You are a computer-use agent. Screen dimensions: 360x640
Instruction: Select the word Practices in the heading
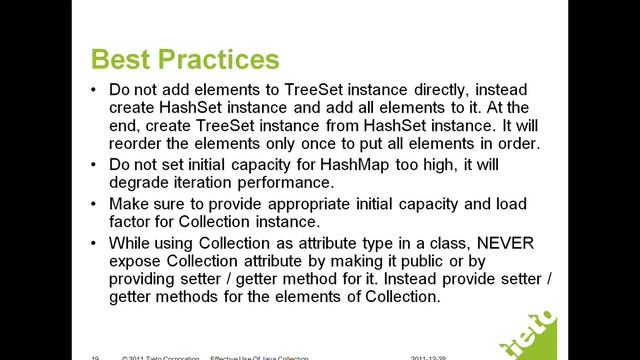click(215, 57)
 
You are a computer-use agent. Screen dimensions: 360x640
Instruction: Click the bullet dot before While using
click(93, 243)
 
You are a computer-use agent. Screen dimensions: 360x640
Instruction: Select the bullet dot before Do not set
click(93, 163)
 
